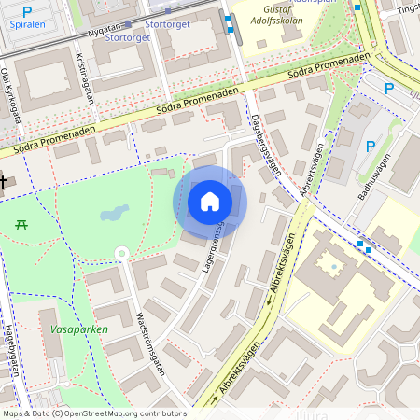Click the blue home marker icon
210,202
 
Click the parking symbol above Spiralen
27,11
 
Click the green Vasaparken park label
75,329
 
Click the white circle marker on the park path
120,253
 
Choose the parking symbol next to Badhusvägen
371,146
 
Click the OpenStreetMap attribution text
93,413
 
